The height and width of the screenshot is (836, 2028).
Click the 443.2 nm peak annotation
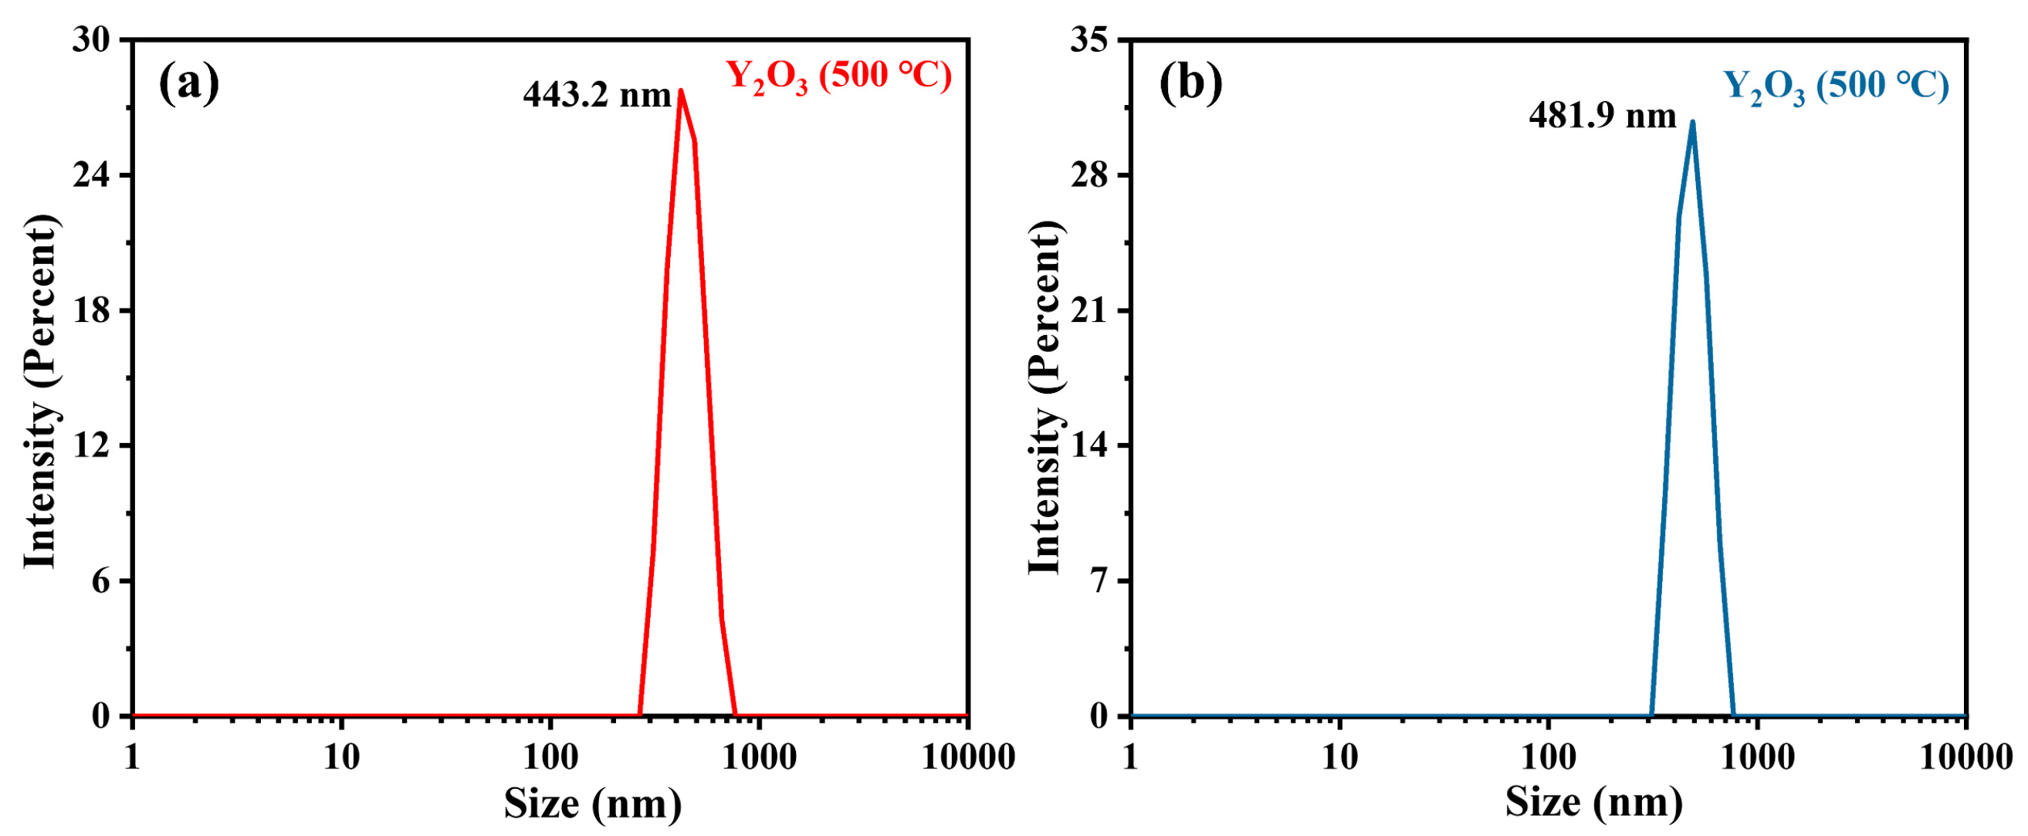[596, 96]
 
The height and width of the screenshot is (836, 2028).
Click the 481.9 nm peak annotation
[1602, 117]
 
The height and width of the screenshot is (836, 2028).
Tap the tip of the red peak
[680, 90]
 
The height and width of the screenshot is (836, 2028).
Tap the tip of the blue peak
[1692, 122]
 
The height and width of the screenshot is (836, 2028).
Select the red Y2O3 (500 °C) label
[838, 77]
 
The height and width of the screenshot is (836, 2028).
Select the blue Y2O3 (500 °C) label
[1837, 86]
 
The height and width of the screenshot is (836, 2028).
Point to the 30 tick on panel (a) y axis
[90, 39]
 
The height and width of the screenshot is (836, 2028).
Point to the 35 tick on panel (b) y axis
[1088, 39]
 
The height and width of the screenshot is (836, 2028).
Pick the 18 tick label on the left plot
[90, 310]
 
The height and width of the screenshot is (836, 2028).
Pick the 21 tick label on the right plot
[1088, 310]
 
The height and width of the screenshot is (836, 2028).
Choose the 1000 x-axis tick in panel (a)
[759, 758]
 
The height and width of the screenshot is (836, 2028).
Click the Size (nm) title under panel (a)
[592, 804]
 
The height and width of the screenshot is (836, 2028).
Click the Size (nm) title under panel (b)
[1593, 804]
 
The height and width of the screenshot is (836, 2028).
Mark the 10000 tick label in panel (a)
[967, 758]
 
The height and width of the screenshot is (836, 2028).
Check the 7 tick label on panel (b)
[1099, 581]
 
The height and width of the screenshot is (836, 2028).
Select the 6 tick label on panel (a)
[101, 581]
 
